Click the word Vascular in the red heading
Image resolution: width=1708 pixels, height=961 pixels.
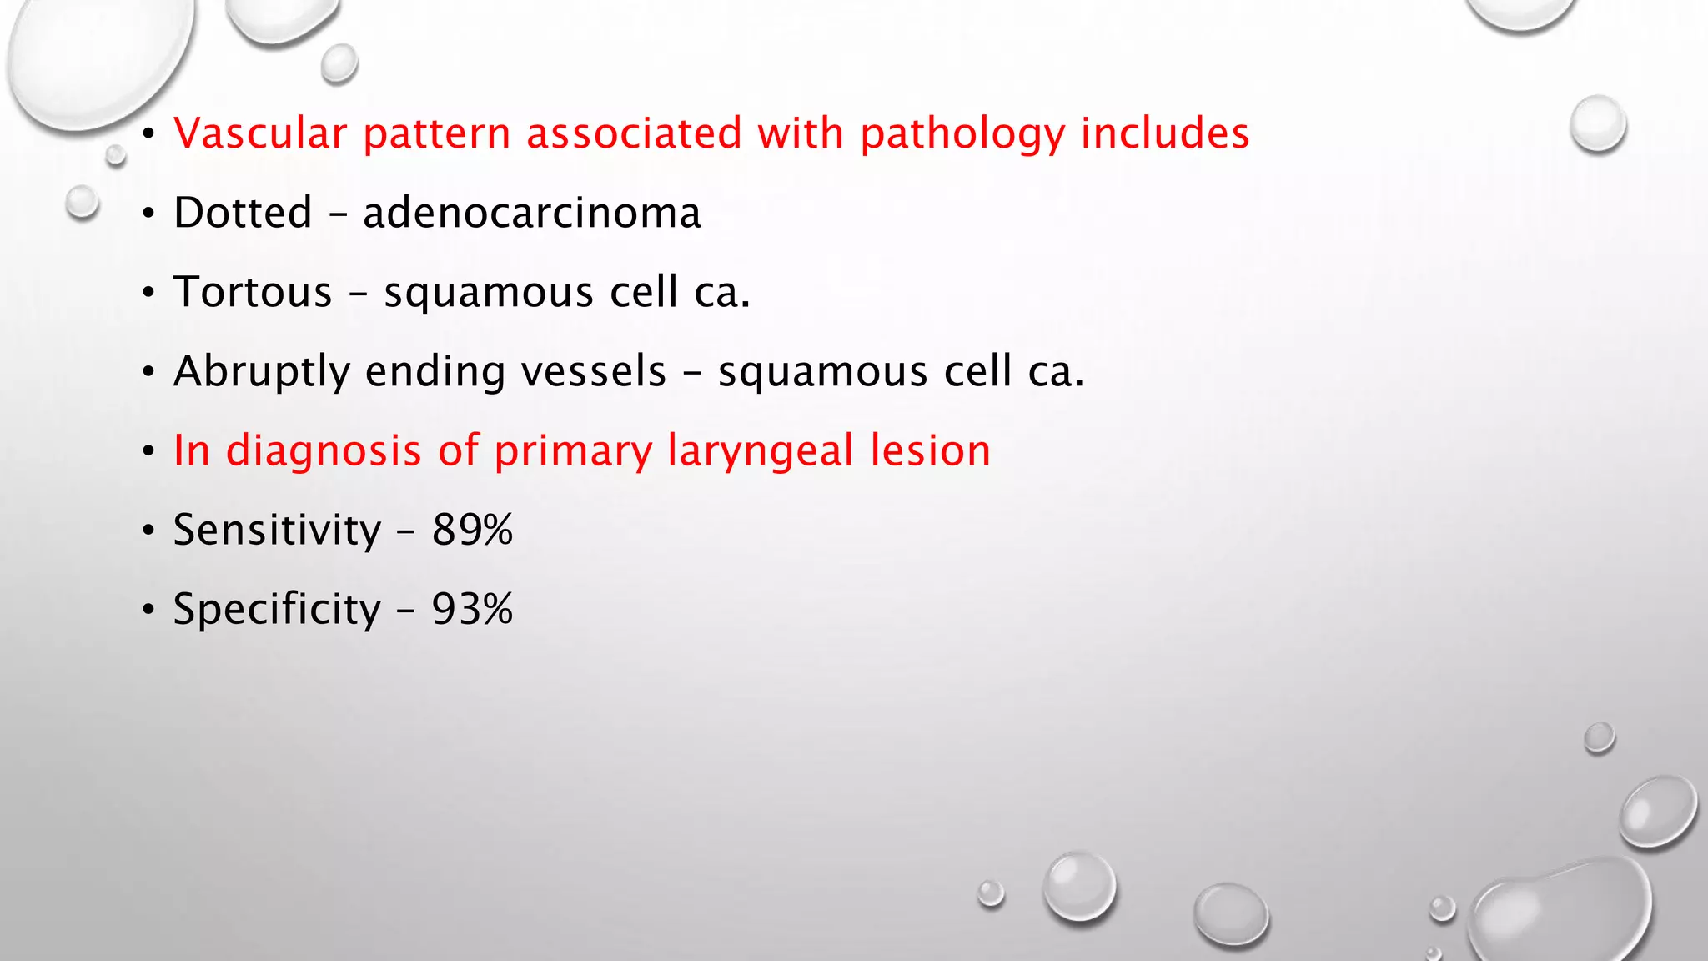coord(259,133)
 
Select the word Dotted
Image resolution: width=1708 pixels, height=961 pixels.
coord(243,213)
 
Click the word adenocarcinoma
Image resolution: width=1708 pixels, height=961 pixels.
coord(532,213)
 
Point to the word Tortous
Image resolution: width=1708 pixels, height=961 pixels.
coord(253,292)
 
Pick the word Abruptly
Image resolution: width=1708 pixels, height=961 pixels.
coord(262,372)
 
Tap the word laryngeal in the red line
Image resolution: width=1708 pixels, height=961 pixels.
coord(760,452)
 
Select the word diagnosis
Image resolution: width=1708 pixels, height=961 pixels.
coord(324,452)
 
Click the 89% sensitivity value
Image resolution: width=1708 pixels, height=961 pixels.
coord(472,530)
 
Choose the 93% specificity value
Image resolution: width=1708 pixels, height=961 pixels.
coord(472,609)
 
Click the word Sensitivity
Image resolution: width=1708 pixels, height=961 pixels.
coord(277,530)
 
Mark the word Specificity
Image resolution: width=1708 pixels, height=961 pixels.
coord(277,610)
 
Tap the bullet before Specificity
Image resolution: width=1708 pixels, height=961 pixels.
coord(148,611)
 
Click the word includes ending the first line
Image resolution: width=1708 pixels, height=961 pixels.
coord(1165,133)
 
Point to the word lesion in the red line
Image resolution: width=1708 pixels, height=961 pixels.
coord(930,450)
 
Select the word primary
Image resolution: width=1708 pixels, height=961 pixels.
coord(574,452)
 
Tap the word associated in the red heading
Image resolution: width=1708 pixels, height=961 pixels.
coord(634,133)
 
